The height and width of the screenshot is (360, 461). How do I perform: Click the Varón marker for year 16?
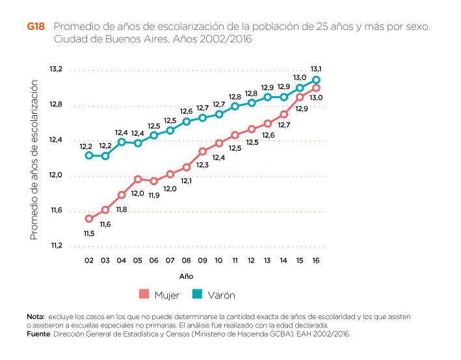[316, 80]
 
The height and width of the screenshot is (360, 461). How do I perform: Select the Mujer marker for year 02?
[89, 218]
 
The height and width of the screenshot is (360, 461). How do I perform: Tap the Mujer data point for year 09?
[203, 151]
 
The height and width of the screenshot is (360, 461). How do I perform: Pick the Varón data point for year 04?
[122, 142]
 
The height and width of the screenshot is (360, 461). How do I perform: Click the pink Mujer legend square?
[144, 294]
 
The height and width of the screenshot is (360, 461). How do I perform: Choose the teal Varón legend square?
[198, 294]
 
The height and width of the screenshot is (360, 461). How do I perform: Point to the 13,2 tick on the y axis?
[55, 69]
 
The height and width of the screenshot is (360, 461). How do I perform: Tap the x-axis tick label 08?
[186, 260]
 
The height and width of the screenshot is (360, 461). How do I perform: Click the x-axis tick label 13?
[267, 260]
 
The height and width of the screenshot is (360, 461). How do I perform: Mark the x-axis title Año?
[186, 276]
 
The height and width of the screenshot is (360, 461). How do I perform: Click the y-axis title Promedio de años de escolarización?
[34, 161]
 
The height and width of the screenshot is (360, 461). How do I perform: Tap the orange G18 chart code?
[36, 27]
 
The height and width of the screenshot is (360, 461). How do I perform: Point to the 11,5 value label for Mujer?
[89, 233]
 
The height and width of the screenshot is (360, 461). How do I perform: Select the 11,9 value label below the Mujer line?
[154, 195]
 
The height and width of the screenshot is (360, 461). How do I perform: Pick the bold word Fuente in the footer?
[38, 334]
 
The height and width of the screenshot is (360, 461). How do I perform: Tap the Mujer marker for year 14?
[283, 114]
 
